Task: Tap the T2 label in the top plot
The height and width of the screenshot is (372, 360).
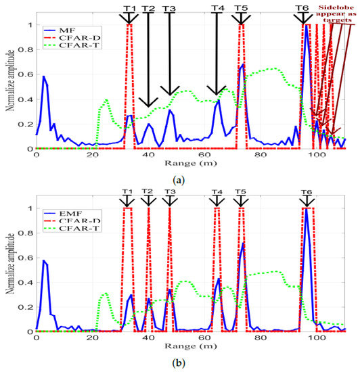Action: pos(148,9)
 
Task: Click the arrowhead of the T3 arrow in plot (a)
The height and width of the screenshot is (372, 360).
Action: pos(169,93)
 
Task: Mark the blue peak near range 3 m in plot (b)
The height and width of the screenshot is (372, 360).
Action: pos(44,260)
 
